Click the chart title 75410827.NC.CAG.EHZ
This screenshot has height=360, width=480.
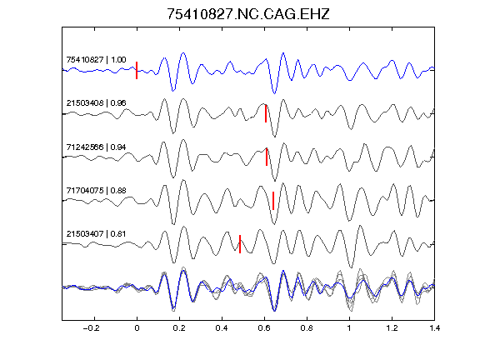[248, 14]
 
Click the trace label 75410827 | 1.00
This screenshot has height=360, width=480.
[96, 59]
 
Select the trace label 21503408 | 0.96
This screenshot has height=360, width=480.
[96, 102]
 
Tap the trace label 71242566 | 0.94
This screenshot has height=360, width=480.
[96, 147]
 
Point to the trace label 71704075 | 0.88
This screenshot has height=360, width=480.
[96, 190]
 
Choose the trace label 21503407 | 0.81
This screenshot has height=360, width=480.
[96, 234]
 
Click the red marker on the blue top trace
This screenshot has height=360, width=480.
[137, 70]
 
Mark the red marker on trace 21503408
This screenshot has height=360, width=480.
[266, 113]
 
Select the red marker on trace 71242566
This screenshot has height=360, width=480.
[267, 157]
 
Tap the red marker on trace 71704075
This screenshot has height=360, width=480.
[273, 201]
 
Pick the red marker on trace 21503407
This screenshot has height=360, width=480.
[240, 244]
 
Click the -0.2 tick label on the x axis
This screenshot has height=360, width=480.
[92, 328]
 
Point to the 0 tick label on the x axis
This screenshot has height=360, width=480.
[137, 328]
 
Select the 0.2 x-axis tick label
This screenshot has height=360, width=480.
[179, 328]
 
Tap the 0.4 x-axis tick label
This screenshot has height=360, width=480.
[222, 328]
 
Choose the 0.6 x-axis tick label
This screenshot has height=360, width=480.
[264, 328]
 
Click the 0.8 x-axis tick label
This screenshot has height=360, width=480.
[307, 328]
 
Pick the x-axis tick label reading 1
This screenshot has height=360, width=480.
[349, 328]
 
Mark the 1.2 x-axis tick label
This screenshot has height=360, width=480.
[392, 328]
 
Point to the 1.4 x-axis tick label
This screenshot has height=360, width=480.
[434, 328]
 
